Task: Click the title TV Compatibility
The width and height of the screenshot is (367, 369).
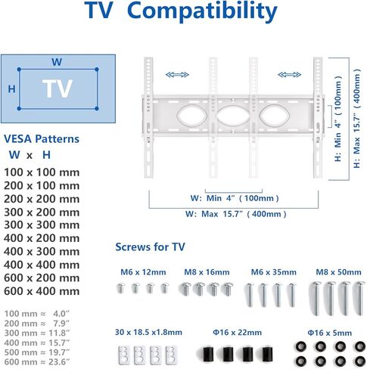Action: (181, 11)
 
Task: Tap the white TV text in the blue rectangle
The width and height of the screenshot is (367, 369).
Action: (58, 88)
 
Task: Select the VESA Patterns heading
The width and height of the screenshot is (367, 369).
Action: (42, 139)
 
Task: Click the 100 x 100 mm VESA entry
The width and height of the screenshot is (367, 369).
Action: (42, 172)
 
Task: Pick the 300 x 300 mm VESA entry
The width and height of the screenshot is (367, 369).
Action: (42, 225)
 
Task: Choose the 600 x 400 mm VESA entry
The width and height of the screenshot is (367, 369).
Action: (42, 291)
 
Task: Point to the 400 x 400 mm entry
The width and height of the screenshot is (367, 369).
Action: (42, 265)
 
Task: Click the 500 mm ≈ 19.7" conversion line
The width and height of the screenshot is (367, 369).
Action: (37, 352)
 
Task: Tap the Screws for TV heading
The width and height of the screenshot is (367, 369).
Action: (150, 247)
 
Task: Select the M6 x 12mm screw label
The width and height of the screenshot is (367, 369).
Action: (143, 272)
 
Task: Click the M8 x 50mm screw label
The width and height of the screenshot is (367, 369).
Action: (338, 272)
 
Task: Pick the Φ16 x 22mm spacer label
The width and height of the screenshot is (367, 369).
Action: (237, 333)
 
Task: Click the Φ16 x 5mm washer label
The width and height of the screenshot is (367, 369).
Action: (329, 333)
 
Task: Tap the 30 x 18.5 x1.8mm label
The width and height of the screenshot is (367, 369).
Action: (148, 332)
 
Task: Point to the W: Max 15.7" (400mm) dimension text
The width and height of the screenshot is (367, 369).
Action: (236, 214)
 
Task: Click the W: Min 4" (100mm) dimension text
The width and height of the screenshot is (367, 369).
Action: (235, 198)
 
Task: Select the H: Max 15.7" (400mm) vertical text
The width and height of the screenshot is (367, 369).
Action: (356, 118)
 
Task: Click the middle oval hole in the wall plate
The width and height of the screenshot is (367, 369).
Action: (233, 116)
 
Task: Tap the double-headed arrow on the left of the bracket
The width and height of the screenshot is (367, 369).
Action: (177, 75)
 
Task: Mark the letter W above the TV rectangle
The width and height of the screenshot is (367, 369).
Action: (57, 62)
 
